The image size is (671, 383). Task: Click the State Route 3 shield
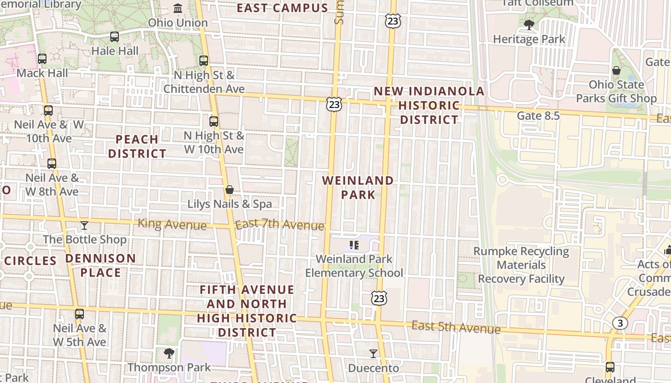pyautogui.click(x=620, y=323)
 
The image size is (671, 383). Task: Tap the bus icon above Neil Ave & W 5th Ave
pyautogui.click(x=80, y=314)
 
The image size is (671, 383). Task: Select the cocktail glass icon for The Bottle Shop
pyautogui.click(x=84, y=225)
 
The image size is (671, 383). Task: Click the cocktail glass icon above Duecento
pyautogui.click(x=373, y=354)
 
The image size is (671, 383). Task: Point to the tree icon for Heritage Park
pyautogui.click(x=529, y=24)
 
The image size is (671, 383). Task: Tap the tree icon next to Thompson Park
pyautogui.click(x=169, y=353)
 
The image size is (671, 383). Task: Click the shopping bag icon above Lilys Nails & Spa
pyautogui.click(x=230, y=190)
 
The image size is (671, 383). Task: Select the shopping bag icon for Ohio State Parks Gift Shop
pyautogui.click(x=616, y=70)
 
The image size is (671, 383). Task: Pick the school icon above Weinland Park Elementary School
pyautogui.click(x=354, y=246)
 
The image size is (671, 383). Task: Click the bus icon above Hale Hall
pyautogui.click(x=115, y=37)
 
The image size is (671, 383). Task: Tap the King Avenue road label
pyautogui.click(x=172, y=224)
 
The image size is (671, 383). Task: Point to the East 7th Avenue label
pyautogui.click(x=280, y=224)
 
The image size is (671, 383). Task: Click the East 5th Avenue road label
pyautogui.click(x=456, y=327)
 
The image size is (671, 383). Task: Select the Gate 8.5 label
pyautogui.click(x=538, y=115)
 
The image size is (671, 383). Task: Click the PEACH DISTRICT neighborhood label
pyautogui.click(x=137, y=146)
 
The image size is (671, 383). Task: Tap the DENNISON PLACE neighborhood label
pyautogui.click(x=101, y=266)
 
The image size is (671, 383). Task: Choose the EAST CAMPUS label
pyautogui.click(x=283, y=8)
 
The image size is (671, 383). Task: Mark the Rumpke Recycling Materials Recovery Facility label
pyautogui.click(x=521, y=265)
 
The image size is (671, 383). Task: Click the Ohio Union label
pyautogui.click(x=178, y=23)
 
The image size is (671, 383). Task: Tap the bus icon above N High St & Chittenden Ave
pyautogui.click(x=204, y=61)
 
